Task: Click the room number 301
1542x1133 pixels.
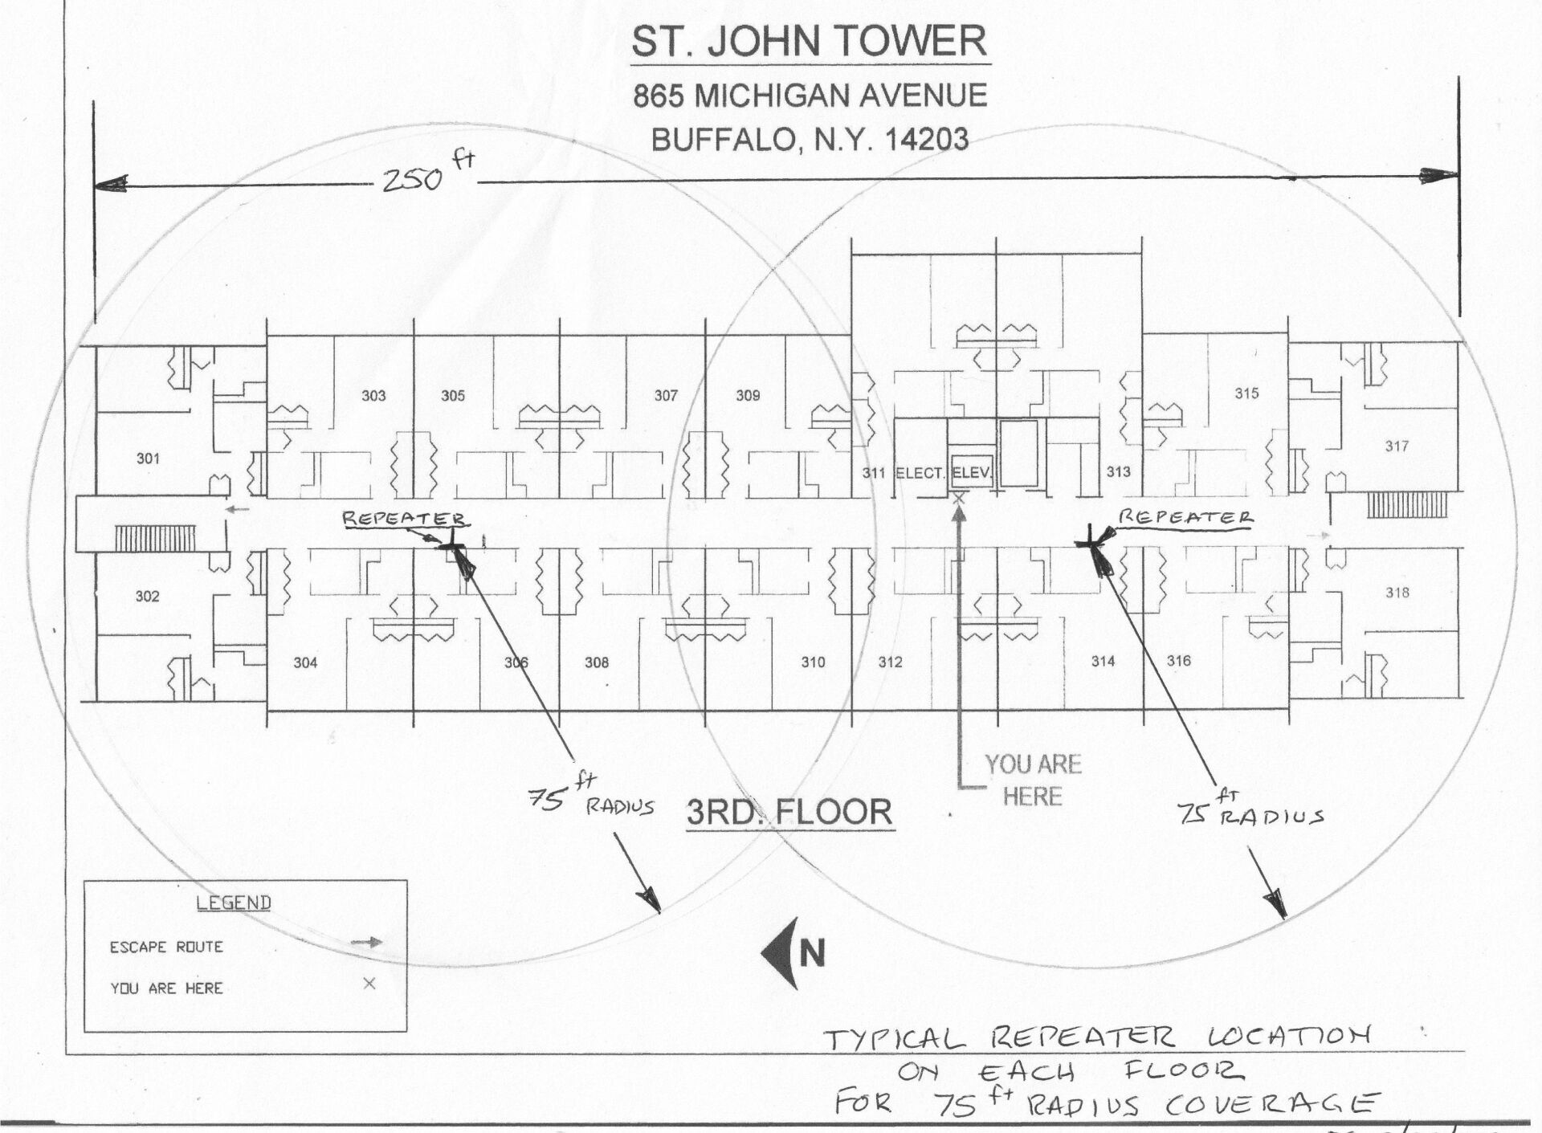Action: point(148,458)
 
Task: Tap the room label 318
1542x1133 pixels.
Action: point(1397,593)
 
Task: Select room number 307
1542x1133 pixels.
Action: point(666,395)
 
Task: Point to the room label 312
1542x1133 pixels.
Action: point(890,662)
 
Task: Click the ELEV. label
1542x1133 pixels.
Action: point(972,473)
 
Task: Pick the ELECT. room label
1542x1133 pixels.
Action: point(920,473)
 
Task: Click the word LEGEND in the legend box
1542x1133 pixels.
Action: point(234,903)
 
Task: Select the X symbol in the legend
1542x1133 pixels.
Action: point(369,984)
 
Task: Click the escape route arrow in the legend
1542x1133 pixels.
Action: point(367,943)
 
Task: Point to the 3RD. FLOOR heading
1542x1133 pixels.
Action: point(789,812)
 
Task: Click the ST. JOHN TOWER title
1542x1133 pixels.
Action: point(810,42)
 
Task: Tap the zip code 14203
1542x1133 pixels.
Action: point(926,140)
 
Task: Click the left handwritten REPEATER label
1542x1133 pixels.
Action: point(403,518)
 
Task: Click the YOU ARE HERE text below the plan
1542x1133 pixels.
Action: point(1033,780)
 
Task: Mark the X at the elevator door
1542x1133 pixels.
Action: point(958,499)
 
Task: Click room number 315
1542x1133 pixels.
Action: point(1246,393)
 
